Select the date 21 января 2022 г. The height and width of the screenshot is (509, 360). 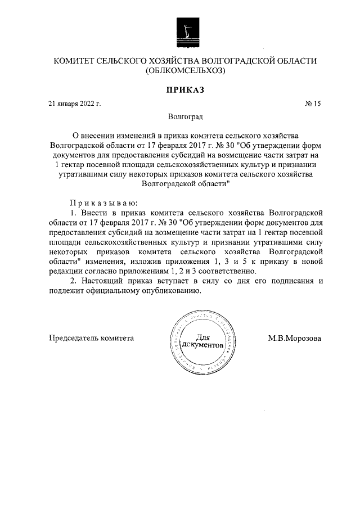[x=75, y=104]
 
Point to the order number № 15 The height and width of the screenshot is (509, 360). [x=312, y=104]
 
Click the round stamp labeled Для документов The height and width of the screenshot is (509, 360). [x=200, y=341]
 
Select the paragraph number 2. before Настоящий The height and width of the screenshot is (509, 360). [x=71, y=281]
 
